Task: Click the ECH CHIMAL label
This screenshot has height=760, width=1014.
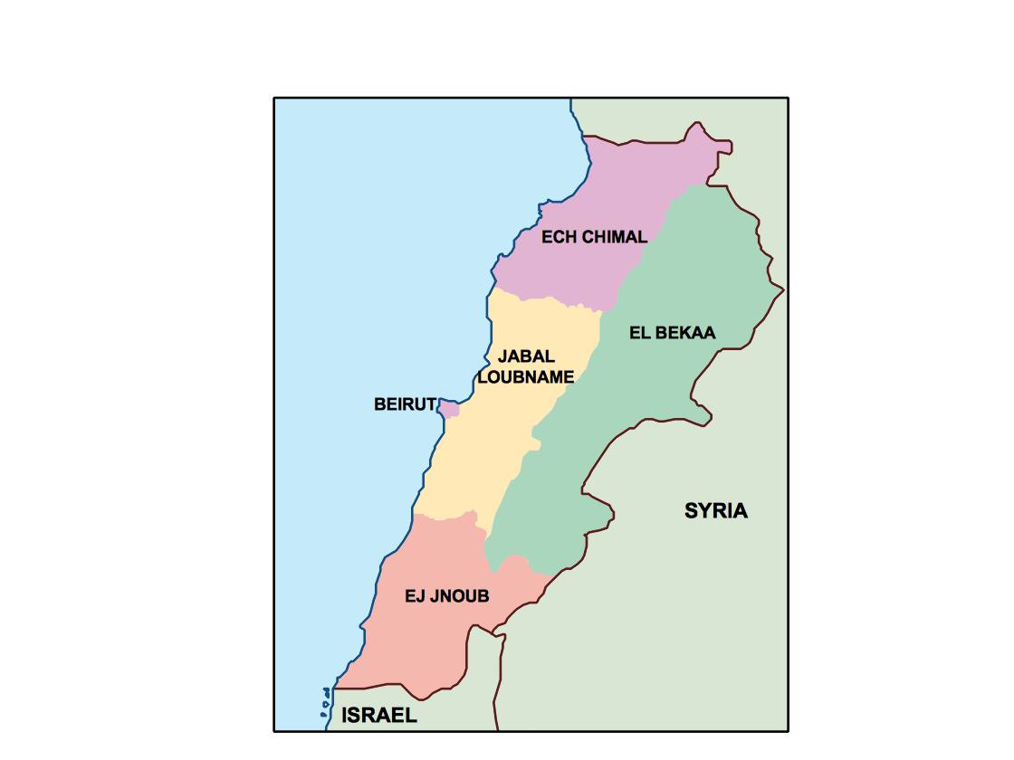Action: [x=594, y=238]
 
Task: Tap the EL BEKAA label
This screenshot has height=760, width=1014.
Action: [x=672, y=333]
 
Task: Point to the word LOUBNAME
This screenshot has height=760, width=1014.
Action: [x=525, y=377]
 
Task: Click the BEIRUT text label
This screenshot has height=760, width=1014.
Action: [x=405, y=405]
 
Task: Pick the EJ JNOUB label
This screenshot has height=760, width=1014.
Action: [x=446, y=597]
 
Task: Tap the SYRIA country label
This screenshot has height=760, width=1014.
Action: [x=716, y=511]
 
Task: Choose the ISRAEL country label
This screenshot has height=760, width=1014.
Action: [x=379, y=716]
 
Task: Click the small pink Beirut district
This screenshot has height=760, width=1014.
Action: [x=449, y=409]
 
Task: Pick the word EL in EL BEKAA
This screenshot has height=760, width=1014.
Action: [x=638, y=333]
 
